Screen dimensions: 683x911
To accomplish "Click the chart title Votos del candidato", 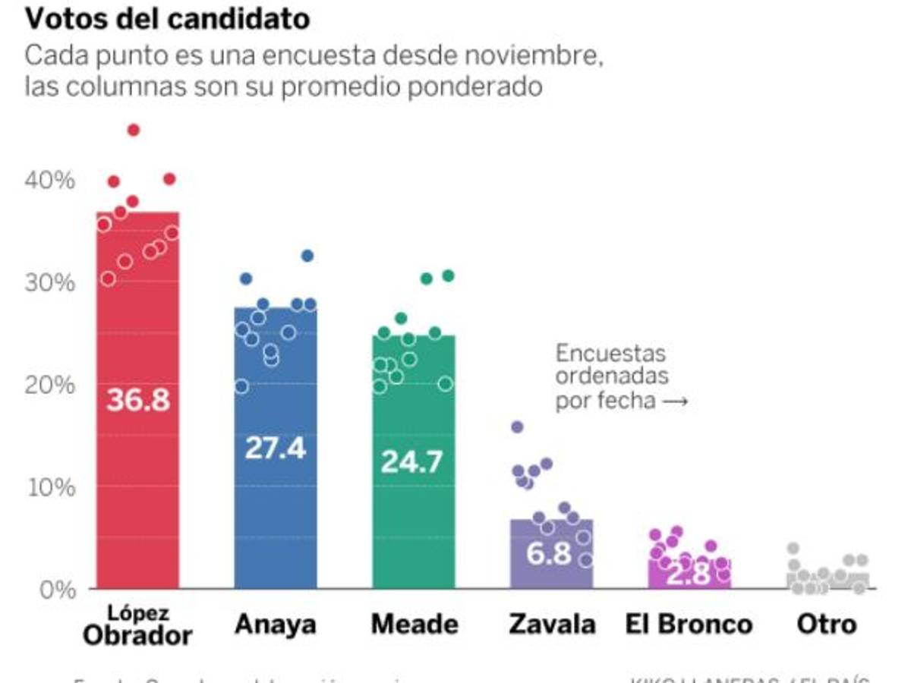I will point(167,20).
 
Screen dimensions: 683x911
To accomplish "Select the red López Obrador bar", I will point(137,493).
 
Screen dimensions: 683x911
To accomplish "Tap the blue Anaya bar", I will point(275,516).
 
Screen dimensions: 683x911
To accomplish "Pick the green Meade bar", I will point(413,524).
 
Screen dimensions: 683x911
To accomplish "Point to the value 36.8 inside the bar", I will point(137,400).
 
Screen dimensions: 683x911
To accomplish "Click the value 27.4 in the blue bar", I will point(275,448).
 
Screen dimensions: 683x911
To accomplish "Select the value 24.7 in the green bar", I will point(411,461).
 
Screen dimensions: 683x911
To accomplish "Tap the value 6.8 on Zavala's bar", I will point(549,553).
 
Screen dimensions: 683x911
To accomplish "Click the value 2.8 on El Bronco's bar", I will point(689,574).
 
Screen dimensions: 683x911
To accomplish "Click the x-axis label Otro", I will point(827,625).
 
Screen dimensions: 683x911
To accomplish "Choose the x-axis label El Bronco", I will point(689,625).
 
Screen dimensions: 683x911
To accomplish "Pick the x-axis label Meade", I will point(415,625).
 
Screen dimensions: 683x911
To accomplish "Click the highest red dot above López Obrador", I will point(134,130).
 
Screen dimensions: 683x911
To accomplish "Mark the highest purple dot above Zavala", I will point(517,427).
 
